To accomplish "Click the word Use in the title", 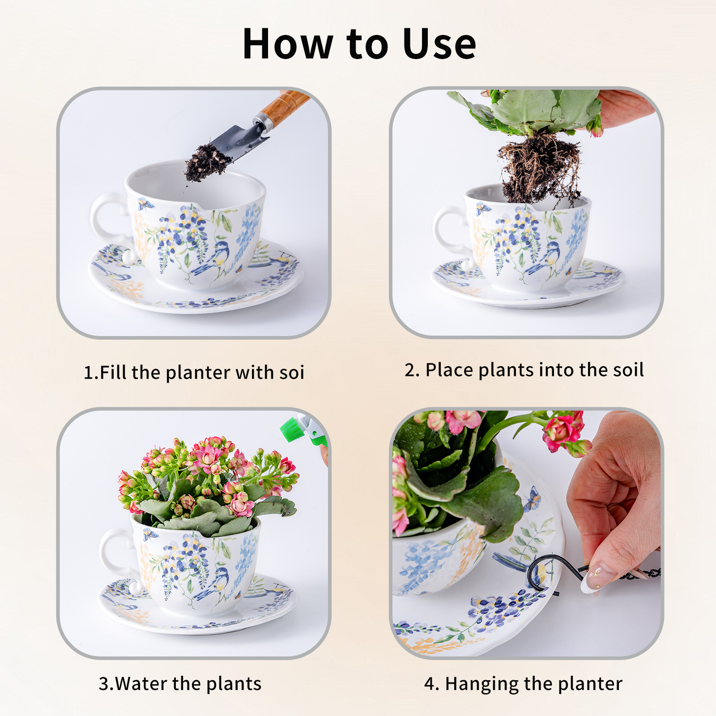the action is tap(439, 44).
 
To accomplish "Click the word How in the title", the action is tap(288, 44).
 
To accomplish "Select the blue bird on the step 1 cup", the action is tap(214, 258).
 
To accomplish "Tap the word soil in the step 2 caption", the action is tap(628, 370).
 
